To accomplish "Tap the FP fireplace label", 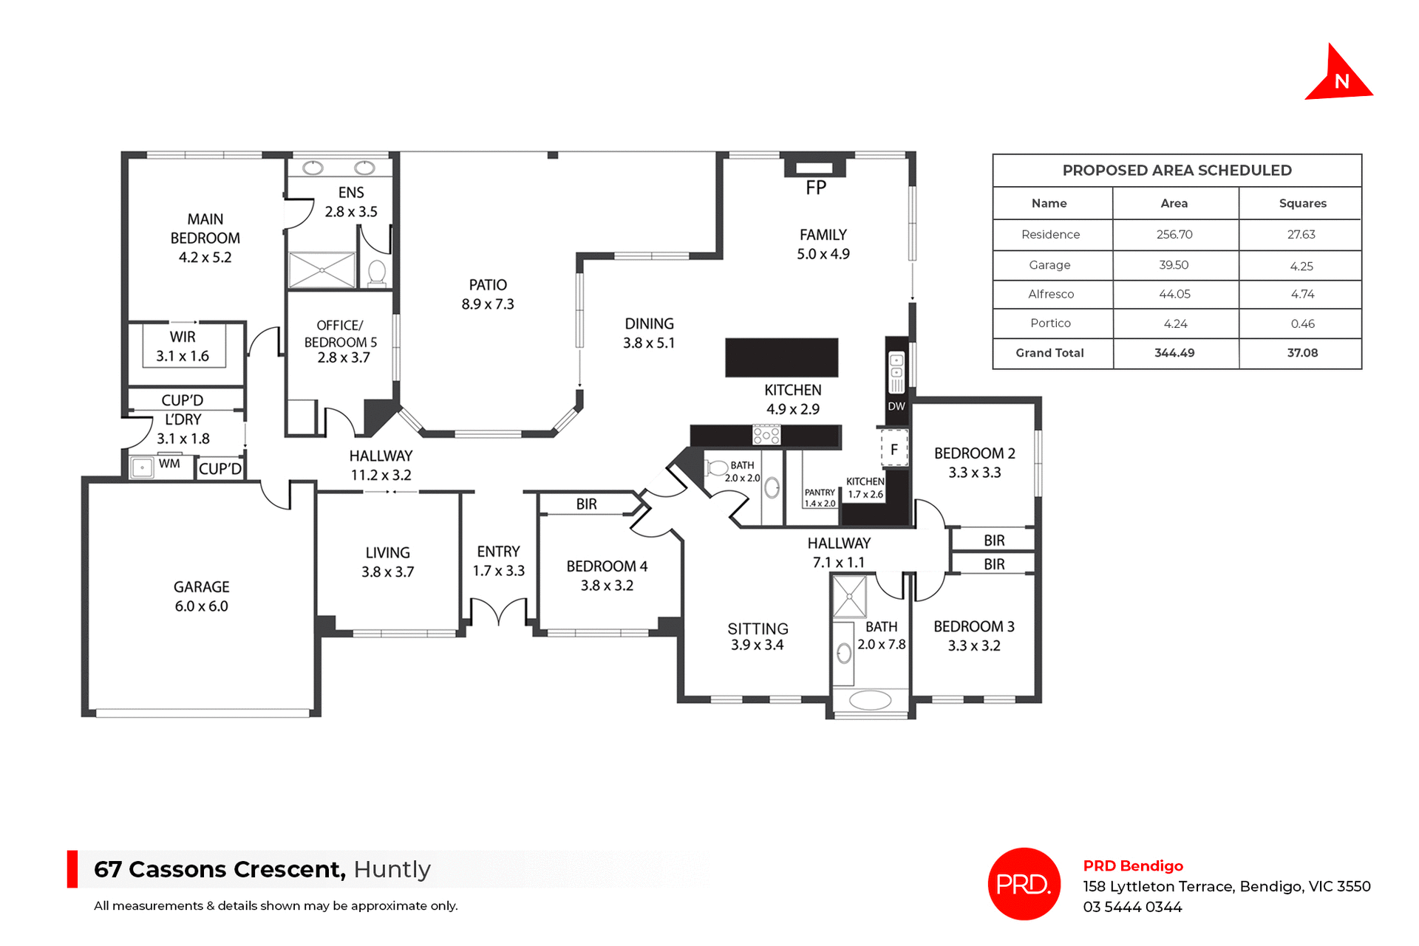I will point(816,188).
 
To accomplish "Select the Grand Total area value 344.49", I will point(1174,353).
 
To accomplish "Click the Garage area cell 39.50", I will point(1174,265).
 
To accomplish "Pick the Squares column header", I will point(1302,203).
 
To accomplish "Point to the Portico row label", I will point(1050,323).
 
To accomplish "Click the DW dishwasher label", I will point(896,406).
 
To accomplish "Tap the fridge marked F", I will point(894,449).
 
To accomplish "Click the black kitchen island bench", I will point(782,358).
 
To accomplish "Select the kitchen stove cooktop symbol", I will point(766,435).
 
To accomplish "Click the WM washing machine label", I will point(169,464).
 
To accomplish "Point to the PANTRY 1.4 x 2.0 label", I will point(820,498).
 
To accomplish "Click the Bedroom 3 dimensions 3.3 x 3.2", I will point(973,645).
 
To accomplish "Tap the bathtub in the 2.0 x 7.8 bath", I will point(870,700).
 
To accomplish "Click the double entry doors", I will point(499,611).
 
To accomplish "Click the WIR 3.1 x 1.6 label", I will point(183,346).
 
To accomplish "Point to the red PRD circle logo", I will point(1024,884).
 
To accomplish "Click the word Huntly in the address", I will point(392,869).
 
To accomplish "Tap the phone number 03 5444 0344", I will point(1132,907).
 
